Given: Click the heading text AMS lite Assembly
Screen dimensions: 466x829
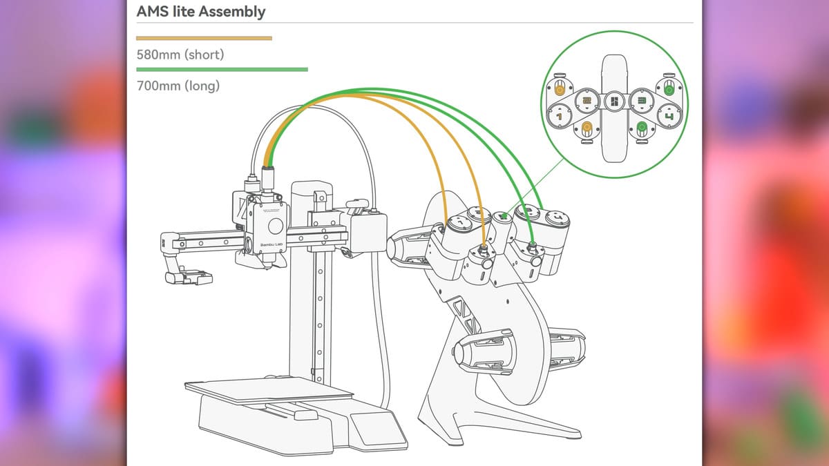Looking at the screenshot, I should click(201, 12).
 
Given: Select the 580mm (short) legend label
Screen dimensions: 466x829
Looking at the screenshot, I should click(180, 54).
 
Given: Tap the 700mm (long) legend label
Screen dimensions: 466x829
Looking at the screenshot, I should click(178, 86).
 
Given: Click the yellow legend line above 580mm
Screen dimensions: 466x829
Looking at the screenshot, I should click(204, 38).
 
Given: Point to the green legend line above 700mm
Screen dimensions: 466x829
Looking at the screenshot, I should click(222, 69).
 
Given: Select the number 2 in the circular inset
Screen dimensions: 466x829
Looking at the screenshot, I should click(587, 101).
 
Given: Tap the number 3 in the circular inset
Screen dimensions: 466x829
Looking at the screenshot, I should click(642, 101).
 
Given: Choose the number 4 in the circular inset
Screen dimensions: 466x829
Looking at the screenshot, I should click(668, 117).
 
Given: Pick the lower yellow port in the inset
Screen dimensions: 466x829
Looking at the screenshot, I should click(587, 128).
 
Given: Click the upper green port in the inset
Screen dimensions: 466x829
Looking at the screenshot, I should click(668, 89).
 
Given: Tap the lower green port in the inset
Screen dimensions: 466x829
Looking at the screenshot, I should click(642, 128).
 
